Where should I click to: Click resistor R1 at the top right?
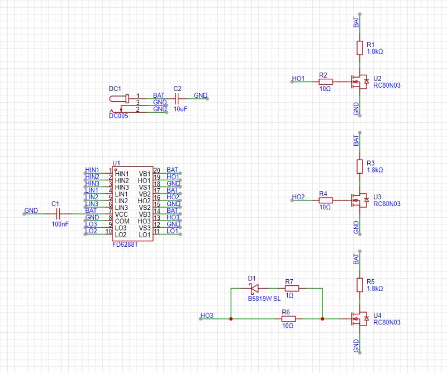tap(360, 48)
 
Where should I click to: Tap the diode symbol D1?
tap(253, 289)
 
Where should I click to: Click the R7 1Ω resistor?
tap(291, 289)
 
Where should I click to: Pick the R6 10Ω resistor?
tap(288, 319)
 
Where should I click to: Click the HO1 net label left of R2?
tap(298, 78)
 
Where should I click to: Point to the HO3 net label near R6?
tap(206, 315)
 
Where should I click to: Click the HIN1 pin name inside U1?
tap(122, 174)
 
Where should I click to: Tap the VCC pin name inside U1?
tap(122, 214)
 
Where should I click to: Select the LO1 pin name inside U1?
tap(144, 235)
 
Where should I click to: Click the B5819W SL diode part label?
tap(264, 299)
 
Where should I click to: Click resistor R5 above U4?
tap(360, 285)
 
